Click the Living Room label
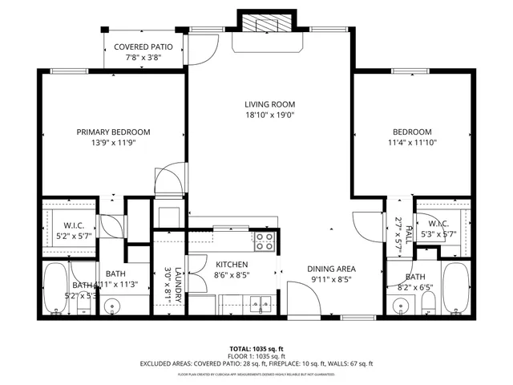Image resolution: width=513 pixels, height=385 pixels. click(270, 104)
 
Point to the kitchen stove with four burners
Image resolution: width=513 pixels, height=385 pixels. click(265, 238)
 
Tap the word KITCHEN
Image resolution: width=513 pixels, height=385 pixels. click(231, 264)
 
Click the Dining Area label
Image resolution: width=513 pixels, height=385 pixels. click(331, 269)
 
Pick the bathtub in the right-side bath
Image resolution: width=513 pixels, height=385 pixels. click(454, 286)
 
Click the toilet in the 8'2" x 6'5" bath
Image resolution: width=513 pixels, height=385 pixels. click(429, 302)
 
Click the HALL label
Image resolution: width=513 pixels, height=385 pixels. click(409, 234)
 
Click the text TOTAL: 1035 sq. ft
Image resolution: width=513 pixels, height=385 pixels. click(256, 349)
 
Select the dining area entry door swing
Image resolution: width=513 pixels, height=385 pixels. click(315, 301)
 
